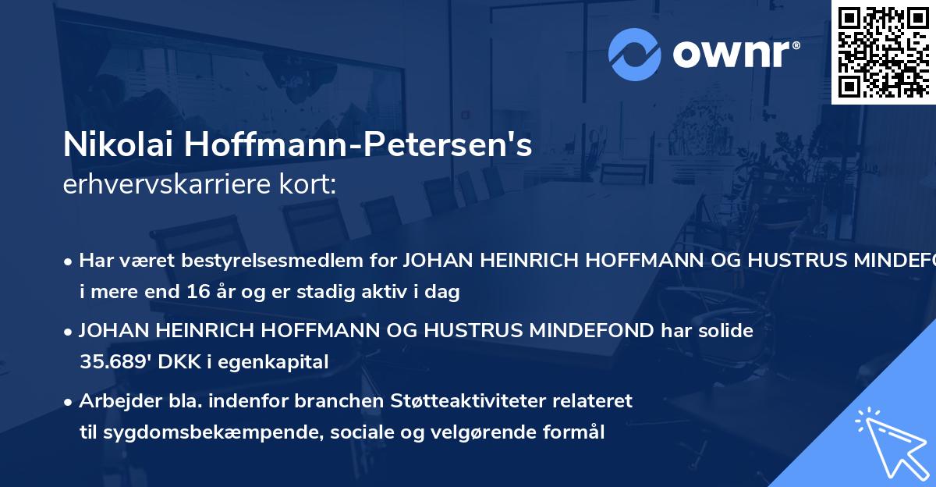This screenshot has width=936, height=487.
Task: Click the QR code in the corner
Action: (x=884, y=52)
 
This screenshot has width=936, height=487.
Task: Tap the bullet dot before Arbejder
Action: (x=69, y=402)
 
